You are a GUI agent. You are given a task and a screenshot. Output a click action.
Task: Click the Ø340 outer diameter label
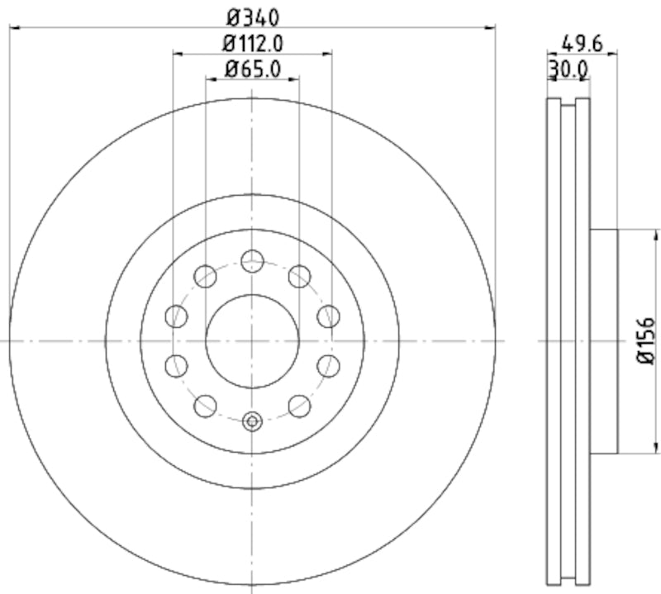click(253, 16)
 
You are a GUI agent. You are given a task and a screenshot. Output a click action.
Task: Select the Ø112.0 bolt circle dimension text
click(253, 42)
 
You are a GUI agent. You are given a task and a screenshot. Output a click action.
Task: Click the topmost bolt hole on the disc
click(253, 262)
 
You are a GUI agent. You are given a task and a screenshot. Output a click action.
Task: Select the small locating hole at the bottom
click(253, 421)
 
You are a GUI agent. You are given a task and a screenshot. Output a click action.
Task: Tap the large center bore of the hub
click(252, 341)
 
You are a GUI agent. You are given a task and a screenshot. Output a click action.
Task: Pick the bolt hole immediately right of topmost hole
click(299, 276)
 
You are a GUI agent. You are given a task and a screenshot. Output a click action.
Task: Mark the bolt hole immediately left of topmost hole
click(205, 276)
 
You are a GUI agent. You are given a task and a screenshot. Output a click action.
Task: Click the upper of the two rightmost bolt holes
click(328, 315)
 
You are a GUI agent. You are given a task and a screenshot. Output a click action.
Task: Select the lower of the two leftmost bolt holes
click(176, 365)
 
